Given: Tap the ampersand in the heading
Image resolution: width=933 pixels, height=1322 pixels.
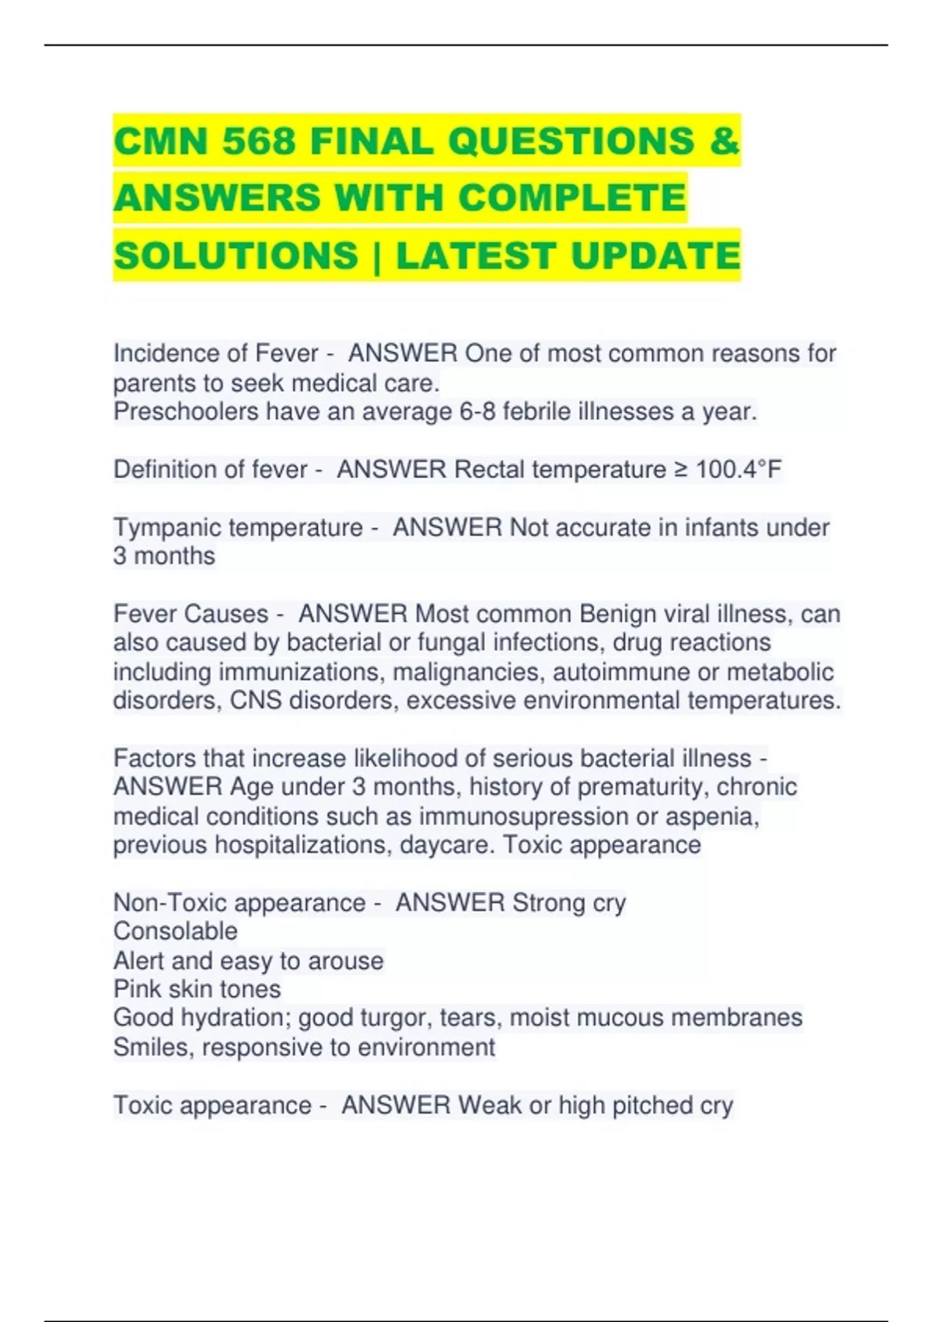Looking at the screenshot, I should click(x=724, y=142).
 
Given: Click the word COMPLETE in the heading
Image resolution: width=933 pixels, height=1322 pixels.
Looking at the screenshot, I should click(x=572, y=198).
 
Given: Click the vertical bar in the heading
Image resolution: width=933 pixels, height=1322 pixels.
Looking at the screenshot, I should click(x=377, y=256).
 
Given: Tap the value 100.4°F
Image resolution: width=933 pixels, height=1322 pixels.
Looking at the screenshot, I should click(x=739, y=470).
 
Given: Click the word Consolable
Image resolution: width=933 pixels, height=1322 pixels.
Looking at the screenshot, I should click(x=176, y=932).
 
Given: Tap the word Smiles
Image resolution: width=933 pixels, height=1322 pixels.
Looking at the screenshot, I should click(x=152, y=1047).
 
